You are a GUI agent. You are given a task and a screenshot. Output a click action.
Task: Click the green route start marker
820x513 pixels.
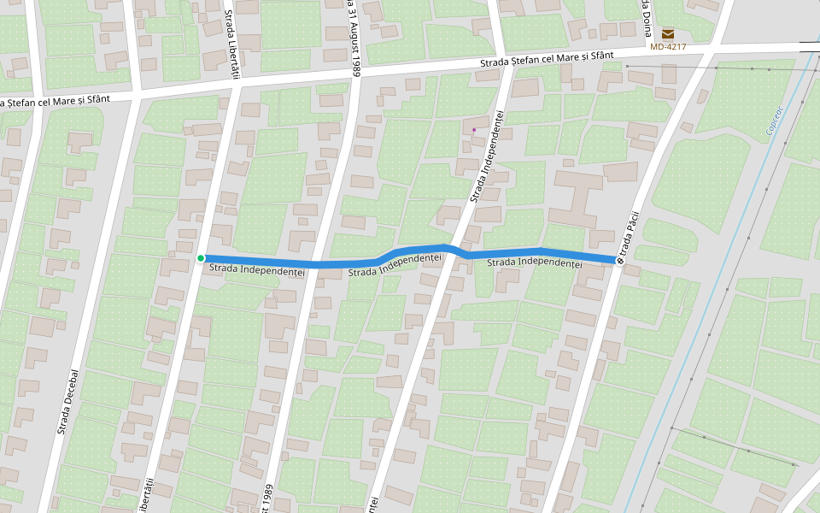[201, 258]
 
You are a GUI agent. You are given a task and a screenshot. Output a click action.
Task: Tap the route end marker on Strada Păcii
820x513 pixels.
[619, 260]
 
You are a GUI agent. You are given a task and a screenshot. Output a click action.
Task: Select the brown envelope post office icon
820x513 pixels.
[668, 33]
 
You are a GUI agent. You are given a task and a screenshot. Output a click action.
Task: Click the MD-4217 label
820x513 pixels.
[668, 47]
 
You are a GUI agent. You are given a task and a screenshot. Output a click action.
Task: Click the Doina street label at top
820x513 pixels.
[646, 17]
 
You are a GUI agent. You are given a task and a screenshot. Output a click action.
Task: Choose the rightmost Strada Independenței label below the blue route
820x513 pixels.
[534, 262]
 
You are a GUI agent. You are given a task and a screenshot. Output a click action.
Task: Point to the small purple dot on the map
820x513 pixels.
[474, 130]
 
